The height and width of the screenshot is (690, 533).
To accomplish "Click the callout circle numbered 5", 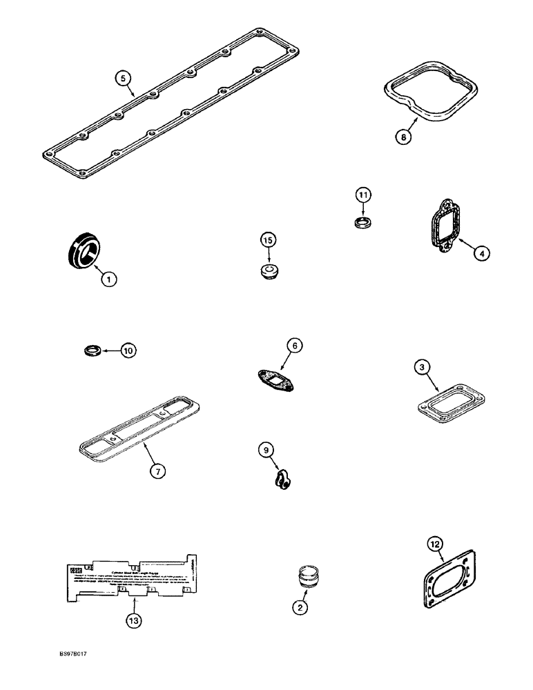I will (x=122, y=79).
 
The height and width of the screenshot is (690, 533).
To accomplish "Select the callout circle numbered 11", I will (x=364, y=195).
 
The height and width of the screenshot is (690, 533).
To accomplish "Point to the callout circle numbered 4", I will (x=482, y=253).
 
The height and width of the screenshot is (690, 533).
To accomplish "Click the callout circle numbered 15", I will (x=268, y=239).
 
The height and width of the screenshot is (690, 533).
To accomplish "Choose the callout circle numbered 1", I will (x=108, y=279).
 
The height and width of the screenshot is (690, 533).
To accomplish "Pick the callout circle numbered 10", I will (x=127, y=351).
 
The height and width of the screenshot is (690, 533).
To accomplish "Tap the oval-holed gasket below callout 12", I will (x=449, y=579).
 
